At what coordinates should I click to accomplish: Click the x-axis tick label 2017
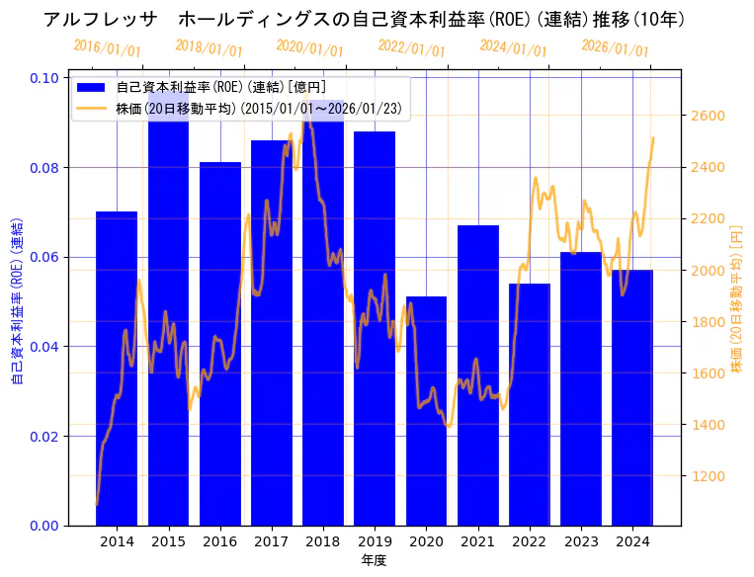coord(271,541)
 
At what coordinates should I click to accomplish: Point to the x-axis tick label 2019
coord(375,541)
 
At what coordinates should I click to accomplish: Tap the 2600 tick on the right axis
coord(708,116)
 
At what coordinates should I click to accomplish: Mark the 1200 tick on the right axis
coord(708,476)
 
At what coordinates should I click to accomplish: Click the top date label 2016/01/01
coord(107,48)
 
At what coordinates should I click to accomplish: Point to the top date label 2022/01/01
coord(411,48)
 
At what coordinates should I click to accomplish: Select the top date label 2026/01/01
coord(615,48)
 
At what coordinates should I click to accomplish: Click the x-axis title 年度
coord(374,560)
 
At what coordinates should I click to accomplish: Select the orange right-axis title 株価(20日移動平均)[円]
coord(736,301)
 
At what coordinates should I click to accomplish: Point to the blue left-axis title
coord(17,301)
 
